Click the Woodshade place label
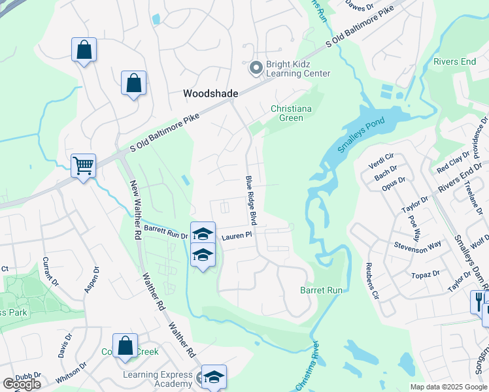point(210,93)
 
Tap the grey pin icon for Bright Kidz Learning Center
point(256,67)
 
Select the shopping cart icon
point(84,166)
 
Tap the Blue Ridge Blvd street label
point(250,201)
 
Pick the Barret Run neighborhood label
point(321,289)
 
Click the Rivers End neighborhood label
point(454,62)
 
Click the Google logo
point(22,384)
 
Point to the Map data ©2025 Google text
point(448,387)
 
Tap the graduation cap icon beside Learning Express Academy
point(214,376)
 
